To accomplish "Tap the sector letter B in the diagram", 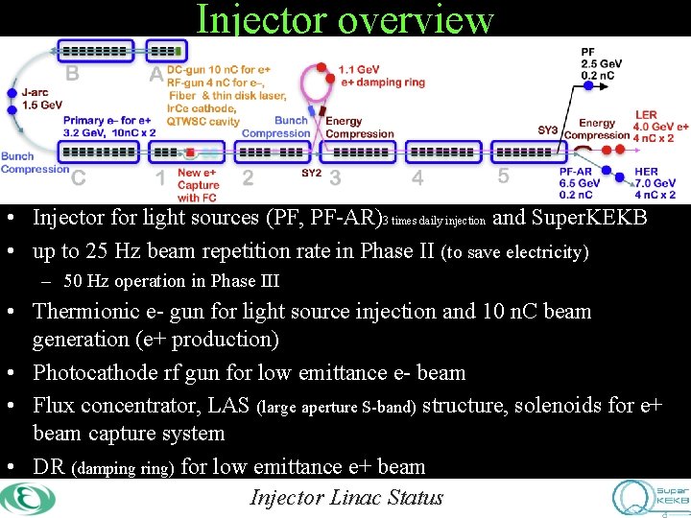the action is tap(71, 73).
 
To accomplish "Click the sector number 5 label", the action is tap(503, 176).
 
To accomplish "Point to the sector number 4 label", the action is tap(417, 177).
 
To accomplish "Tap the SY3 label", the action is tap(547, 129).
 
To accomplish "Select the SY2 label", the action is tap(311, 173).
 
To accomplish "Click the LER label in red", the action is tap(646, 115).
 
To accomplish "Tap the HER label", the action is tap(647, 172).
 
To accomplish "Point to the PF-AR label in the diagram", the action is tap(577, 172).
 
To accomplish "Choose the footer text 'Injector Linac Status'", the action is tap(345, 497).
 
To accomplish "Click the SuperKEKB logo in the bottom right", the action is tap(650, 497).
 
